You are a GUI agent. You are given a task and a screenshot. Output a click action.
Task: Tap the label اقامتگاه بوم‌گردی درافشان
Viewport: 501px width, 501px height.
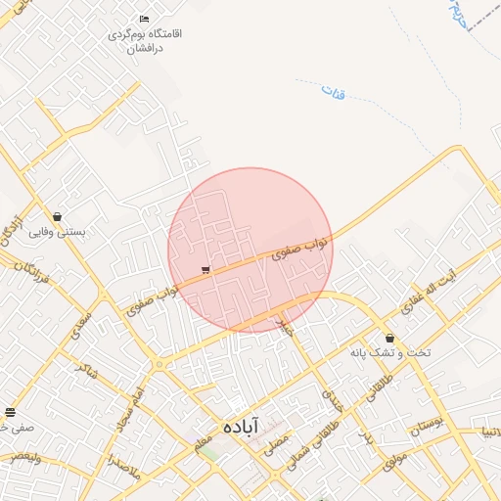pyautogui.click(x=148, y=40)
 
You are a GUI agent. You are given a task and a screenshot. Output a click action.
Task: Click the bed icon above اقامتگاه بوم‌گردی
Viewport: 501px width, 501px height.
pyautogui.click(x=145, y=19)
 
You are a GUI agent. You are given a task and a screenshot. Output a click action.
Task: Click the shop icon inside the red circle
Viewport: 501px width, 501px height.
pyautogui.click(x=205, y=270)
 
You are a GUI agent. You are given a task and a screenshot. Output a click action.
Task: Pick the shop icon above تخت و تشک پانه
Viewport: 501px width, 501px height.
pyautogui.click(x=389, y=338)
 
